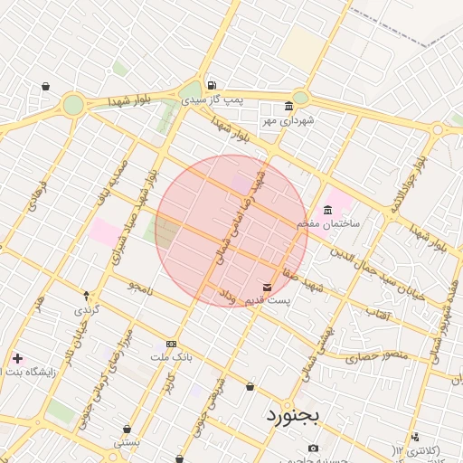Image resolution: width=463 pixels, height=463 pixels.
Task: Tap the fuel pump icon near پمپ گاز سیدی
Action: tap(212, 86)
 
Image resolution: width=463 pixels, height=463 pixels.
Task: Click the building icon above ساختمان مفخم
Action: tap(327, 211)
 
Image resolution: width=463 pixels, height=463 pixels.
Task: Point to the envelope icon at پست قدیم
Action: tap(266, 288)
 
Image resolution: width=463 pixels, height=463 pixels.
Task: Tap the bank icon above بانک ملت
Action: tap(171, 345)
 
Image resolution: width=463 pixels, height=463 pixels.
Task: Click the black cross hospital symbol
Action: tap(17, 359)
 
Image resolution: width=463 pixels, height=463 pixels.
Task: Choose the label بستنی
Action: tap(127, 442)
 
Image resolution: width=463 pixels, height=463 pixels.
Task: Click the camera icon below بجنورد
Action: tap(313, 448)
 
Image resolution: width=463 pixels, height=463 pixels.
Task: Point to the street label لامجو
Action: tap(141, 287)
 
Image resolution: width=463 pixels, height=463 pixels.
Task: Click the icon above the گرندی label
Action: tap(87, 296)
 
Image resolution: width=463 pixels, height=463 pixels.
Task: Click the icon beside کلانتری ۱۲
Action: tap(415, 437)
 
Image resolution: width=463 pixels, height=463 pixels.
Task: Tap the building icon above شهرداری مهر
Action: tap(288, 105)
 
